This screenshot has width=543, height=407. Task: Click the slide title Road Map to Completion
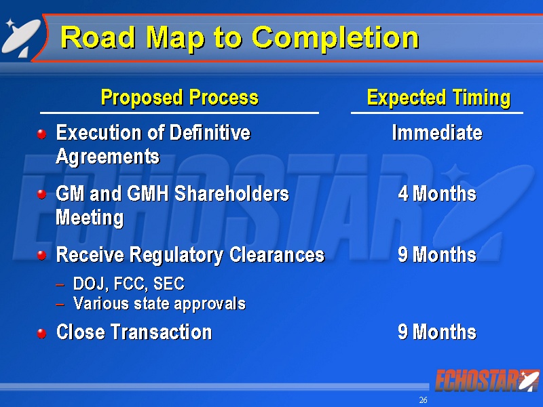pos(240,39)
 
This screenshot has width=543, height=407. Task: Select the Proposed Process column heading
pos(179,97)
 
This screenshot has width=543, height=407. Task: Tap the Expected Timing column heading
pos(438,98)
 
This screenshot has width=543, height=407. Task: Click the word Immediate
pos(437,132)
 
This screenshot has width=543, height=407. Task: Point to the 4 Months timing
pos(437,193)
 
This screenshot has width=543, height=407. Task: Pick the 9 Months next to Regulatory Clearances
pos(437,255)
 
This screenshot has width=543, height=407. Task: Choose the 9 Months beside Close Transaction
pos(437,332)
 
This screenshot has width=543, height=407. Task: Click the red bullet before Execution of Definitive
pos(42,134)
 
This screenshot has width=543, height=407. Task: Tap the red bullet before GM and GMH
pos(42,195)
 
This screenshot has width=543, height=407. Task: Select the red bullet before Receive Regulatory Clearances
pos(42,256)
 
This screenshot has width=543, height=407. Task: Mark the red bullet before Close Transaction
pos(42,333)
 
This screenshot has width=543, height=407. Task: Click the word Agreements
pos(108,157)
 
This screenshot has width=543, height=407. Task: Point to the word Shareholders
pos(231,193)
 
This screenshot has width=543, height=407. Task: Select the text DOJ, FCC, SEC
pos(129,284)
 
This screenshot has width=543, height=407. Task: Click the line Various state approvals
pos(160,304)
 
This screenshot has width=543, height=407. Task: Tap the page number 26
pos(423,400)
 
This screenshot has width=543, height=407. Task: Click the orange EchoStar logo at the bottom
pos(487,381)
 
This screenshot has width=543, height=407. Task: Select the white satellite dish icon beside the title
pos(21,37)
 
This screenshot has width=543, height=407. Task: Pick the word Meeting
pos(90,218)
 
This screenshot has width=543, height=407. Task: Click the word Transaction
pos(162,332)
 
